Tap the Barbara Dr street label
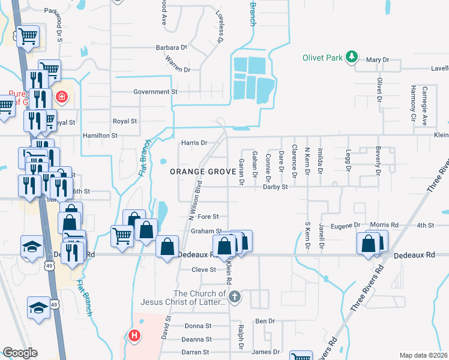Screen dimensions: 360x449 click(171, 47)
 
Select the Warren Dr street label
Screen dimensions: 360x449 click(178, 70)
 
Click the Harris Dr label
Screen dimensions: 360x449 click(194, 143)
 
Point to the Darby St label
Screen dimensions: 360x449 click(276, 187)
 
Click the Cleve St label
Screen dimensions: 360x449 click(203, 270)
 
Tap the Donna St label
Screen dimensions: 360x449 click(198, 326)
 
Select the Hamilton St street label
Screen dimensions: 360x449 click(100, 136)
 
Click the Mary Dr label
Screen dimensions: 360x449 click(378, 60)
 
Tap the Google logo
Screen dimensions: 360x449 click(20, 352)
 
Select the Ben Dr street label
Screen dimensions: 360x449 click(265, 322)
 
